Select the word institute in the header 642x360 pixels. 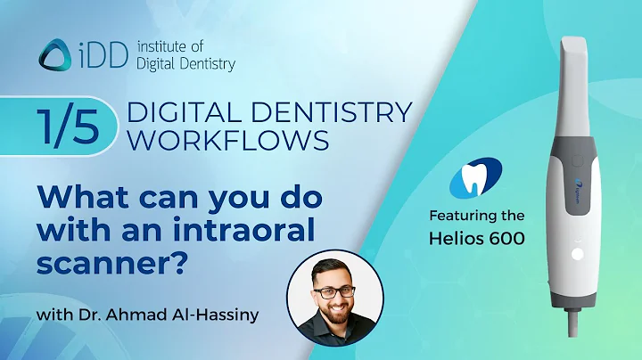point(156,45)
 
